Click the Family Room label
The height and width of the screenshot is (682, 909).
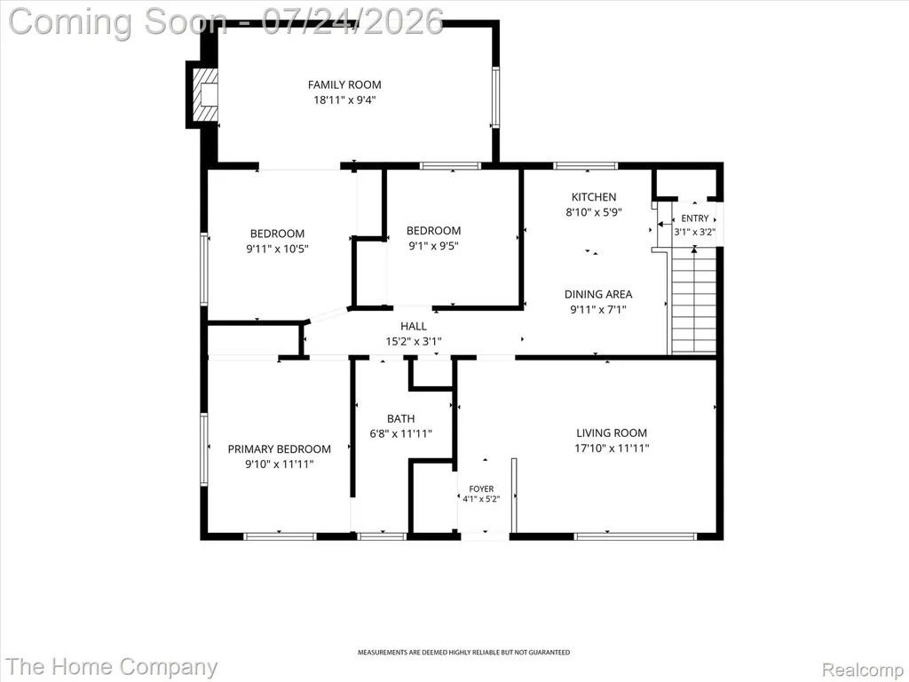coord(344,84)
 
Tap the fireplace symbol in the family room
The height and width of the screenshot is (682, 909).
coord(205,96)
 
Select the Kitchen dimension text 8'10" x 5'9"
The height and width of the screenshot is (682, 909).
coord(594,212)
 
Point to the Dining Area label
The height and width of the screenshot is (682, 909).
coord(598,294)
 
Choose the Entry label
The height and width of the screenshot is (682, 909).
coord(694,218)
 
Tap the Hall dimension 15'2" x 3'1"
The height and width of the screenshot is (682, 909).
coord(414,342)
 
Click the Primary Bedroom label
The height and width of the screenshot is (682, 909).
coord(280,448)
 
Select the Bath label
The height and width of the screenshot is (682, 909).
coord(400,419)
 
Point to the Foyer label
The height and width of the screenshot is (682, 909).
coord(481,489)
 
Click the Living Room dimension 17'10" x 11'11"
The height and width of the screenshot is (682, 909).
coord(612,448)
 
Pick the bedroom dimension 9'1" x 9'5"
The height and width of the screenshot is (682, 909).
coord(433,245)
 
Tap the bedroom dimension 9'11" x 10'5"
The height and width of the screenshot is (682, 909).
coord(277,249)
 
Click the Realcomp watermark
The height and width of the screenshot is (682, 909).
coord(864,670)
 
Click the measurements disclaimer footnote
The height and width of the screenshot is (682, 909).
coord(463,653)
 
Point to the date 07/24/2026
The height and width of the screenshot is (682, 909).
coord(352,21)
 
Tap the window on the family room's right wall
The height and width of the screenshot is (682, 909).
coord(495,97)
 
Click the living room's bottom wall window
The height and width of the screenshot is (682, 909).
coord(636,536)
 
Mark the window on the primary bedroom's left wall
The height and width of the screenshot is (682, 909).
coord(204,448)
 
